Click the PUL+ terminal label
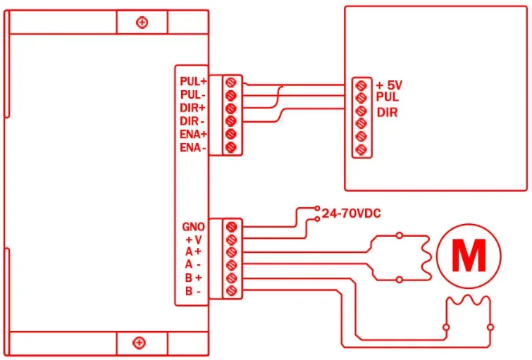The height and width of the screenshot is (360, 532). pos(193,82)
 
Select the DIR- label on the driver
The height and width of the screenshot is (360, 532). pos(192,121)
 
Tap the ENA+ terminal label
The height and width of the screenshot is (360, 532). pos(193,135)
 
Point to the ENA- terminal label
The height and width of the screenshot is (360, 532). pos(192,148)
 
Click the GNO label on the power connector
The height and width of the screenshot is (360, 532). pos(193,227)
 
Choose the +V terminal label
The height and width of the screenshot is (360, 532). pos(194,240)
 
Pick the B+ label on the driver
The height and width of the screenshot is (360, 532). pos(193,278)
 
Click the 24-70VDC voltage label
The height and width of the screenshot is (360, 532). pos(351,213)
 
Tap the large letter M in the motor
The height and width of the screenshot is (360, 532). pos(469,255)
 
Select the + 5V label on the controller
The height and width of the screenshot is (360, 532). pos(389,85)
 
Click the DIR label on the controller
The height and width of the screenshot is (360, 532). pos(387,112)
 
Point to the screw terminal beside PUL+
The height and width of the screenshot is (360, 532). pos(230,82)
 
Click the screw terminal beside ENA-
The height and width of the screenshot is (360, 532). pos(230,148)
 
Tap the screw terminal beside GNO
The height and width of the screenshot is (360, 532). pos(231,227)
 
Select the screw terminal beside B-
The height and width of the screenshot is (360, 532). pos(231,291)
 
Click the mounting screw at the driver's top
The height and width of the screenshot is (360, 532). pos(142,23)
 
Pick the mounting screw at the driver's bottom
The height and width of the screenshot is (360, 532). pos(139,342)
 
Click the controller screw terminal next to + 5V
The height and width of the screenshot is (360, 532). pos(361,85)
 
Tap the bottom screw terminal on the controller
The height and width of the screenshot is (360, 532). pos(361,149)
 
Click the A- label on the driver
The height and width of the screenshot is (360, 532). pos(192,264)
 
